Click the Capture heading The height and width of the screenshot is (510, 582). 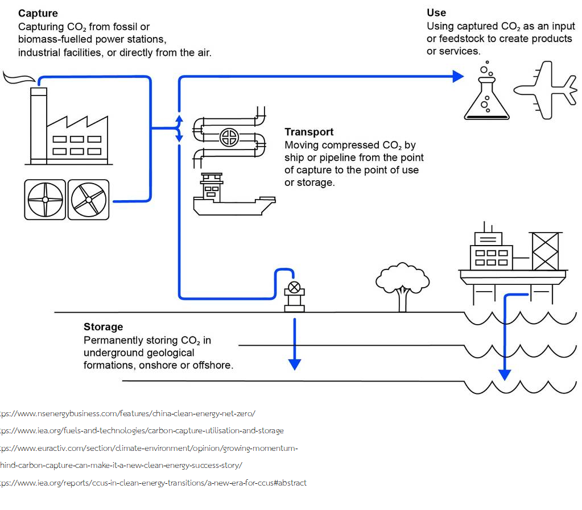coord(38,13)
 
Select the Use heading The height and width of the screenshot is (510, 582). coord(436,13)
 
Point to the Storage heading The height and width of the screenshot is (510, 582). coord(103,327)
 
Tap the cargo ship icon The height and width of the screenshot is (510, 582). coord(233,196)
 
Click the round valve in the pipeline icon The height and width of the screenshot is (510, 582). coord(229,137)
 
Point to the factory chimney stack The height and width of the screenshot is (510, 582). coord(39,125)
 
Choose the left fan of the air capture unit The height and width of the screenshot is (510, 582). coord(45,200)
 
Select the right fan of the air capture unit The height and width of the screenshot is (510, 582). coord(88,200)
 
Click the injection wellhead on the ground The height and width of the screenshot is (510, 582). coord(294,296)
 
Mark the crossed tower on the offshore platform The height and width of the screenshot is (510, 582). coord(544,251)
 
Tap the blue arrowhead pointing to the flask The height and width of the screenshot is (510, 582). coord(458,76)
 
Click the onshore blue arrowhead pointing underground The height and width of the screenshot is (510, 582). coord(294,363)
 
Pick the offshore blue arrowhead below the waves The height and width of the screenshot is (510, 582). coord(505,374)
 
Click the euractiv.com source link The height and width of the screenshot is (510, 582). coord(148,448)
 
